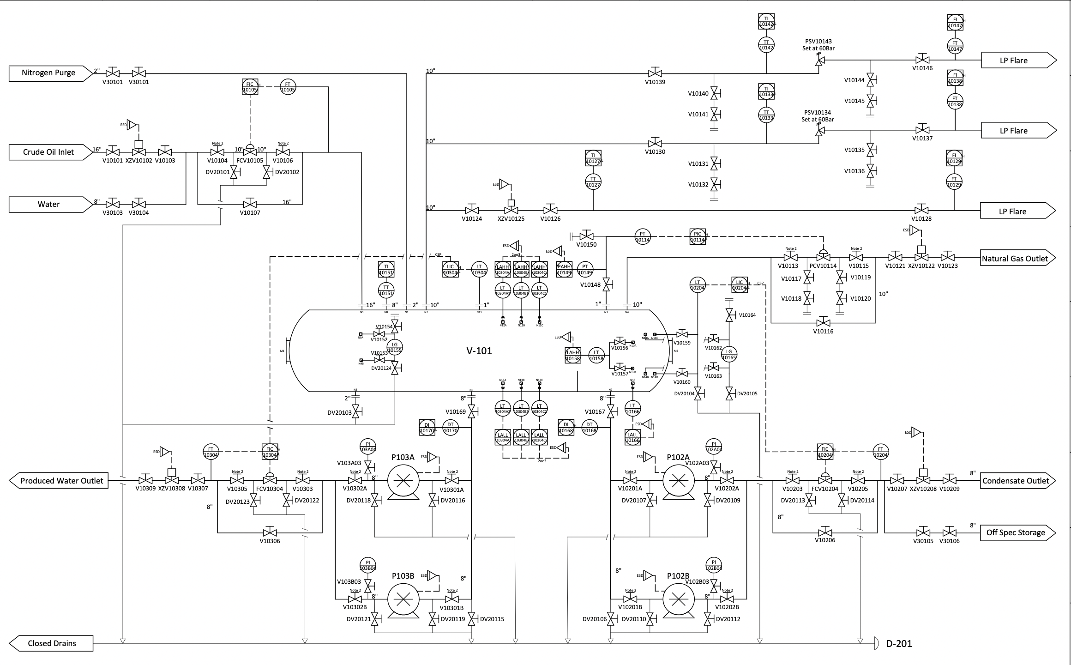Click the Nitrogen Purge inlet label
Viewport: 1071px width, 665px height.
click(x=48, y=73)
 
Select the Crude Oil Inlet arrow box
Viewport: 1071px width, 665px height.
click(x=48, y=152)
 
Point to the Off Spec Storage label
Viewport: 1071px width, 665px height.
click(x=1015, y=532)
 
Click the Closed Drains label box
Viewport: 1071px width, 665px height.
click(x=52, y=643)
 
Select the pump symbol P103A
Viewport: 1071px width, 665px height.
click(x=403, y=480)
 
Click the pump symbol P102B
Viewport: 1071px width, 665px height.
click(x=678, y=599)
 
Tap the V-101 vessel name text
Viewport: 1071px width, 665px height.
click(x=479, y=351)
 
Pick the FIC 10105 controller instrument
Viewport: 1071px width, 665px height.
click(x=250, y=87)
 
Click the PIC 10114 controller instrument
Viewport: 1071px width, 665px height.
click(x=697, y=236)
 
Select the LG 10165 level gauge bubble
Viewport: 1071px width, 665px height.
click(x=729, y=354)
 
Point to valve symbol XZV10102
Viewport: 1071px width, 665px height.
click(x=138, y=151)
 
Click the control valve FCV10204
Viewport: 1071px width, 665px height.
click(x=825, y=480)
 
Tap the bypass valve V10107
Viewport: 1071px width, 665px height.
click(x=250, y=204)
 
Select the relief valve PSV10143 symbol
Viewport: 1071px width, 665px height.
click(x=819, y=61)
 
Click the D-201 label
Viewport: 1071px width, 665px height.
click(x=898, y=643)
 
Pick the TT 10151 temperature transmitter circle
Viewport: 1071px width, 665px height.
click(x=386, y=290)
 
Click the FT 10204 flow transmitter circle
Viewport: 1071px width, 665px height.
click(x=880, y=452)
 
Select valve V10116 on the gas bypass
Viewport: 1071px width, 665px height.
click(x=824, y=322)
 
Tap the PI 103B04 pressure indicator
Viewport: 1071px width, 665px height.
click(x=367, y=565)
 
